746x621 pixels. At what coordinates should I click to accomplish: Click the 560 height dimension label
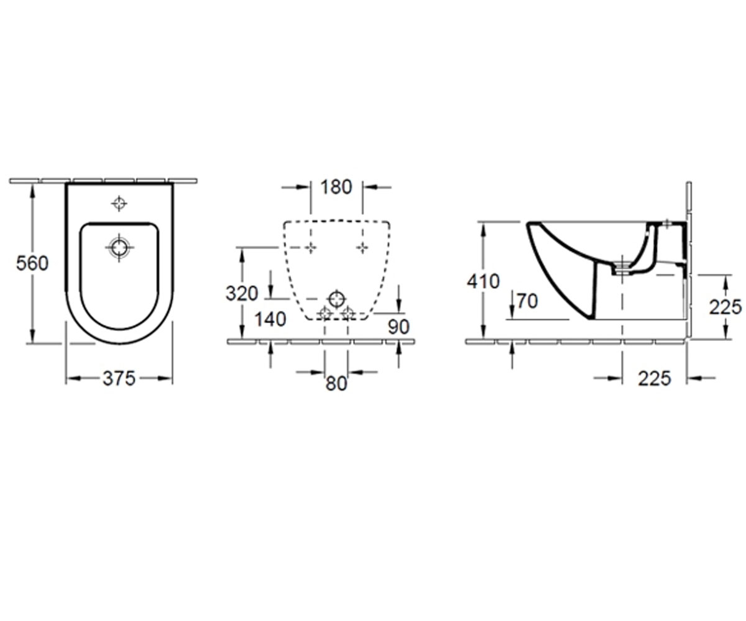[x=32, y=264]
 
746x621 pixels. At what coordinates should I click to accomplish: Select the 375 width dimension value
[x=119, y=378]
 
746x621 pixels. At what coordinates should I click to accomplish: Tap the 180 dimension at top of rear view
[x=336, y=187]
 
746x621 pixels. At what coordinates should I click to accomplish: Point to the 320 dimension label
[x=242, y=294]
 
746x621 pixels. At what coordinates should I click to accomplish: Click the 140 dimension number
[x=270, y=319]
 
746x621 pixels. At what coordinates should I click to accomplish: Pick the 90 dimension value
[x=398, y=327]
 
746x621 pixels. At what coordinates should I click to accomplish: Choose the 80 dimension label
[x=336, y=384]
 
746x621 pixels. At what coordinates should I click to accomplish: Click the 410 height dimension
[x=484, y=281]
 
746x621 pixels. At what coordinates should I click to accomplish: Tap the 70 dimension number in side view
[x=527, y=301]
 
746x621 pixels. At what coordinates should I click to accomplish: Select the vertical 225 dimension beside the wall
[x=725, y=307]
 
